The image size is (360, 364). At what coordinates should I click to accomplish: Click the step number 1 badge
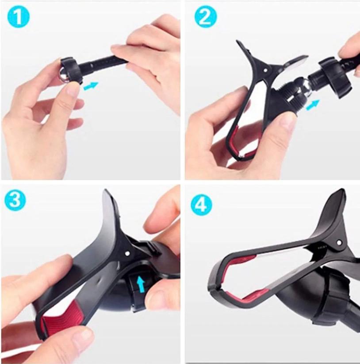[19, 17]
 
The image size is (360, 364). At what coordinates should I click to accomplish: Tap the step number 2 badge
[206, 17]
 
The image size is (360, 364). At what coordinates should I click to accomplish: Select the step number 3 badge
[15, 200]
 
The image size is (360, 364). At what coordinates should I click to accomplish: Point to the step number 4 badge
[201, 205]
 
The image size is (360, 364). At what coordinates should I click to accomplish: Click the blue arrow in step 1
[91, 86]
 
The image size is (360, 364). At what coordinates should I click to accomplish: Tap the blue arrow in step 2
[313, 105]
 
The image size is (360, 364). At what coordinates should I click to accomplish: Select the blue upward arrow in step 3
[140, 285]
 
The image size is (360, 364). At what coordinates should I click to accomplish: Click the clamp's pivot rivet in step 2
[266, 70]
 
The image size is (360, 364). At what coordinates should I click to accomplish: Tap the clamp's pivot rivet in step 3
[127, 253]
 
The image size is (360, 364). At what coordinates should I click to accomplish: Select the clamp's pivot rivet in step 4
[339, 243]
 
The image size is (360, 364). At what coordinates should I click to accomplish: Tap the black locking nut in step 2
[335, 77]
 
